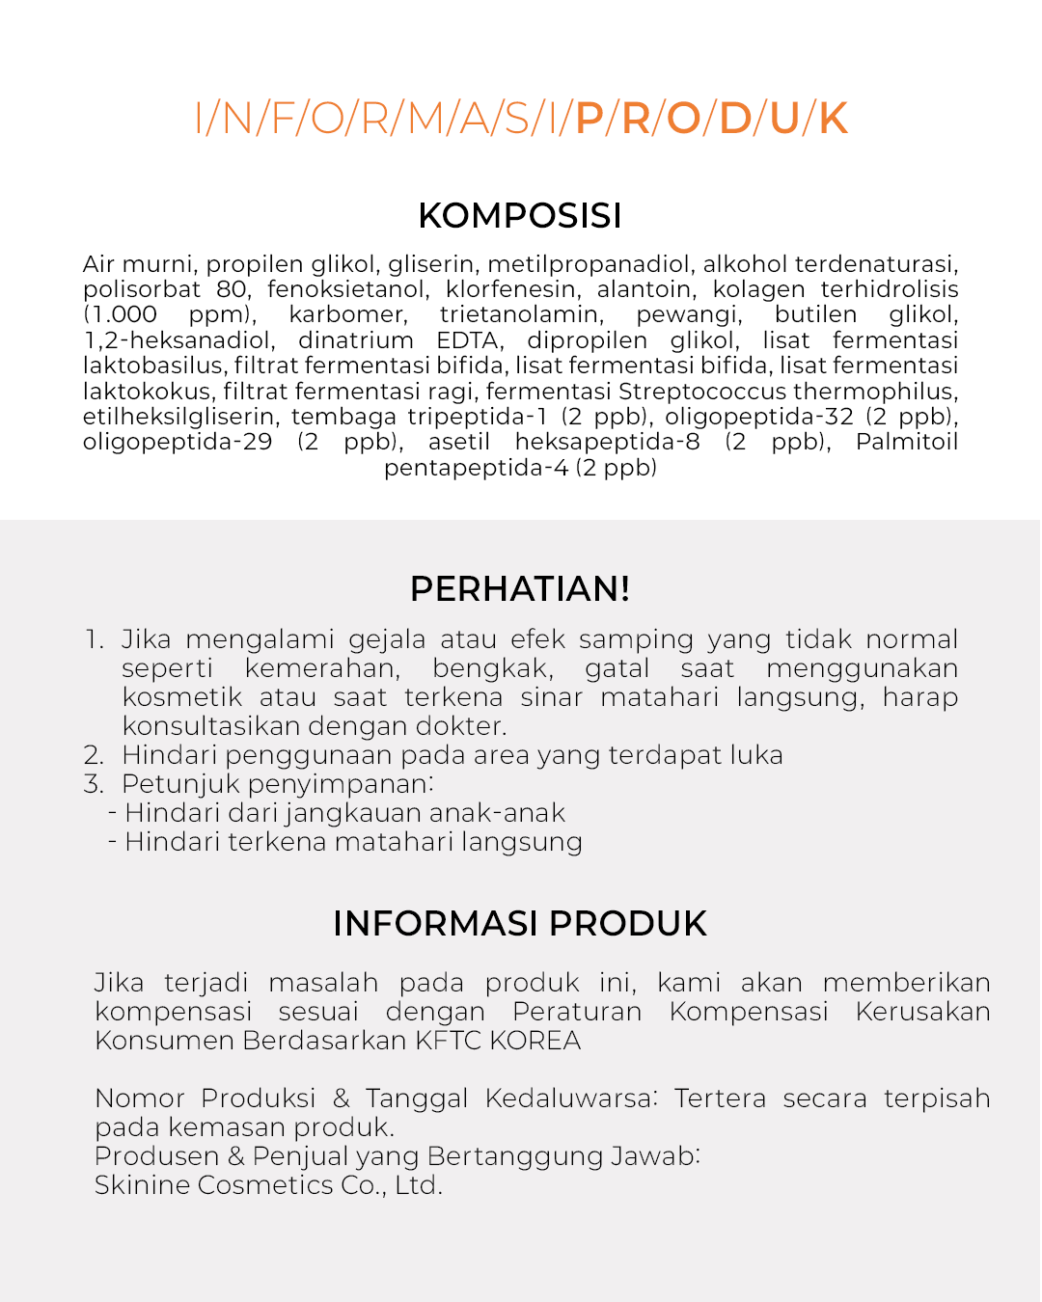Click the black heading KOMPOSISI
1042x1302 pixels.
point(520,216)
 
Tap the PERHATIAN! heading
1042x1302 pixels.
point(520,588)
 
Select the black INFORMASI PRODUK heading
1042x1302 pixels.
point(520,924)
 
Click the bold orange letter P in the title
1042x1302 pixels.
point(589,119)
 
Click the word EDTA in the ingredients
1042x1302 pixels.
point(469,340)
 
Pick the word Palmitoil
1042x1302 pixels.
point(906,442)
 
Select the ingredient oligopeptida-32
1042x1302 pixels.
point(759,417)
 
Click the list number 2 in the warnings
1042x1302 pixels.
point(94,755)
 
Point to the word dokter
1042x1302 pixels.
point(460,726)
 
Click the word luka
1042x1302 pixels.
point(755,755)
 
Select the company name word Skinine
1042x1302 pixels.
point(142,1185)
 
